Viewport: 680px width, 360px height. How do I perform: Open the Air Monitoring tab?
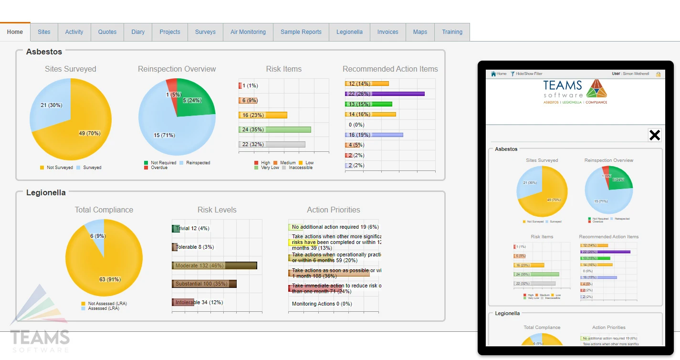[x=248, y=32]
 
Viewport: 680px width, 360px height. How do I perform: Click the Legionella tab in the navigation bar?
[x=349, y=32]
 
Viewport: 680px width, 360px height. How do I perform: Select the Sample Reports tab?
[x=301, y=32]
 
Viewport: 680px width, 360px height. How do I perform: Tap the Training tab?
[x=452, y=32]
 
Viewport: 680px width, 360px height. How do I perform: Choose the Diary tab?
[x=138, y=32]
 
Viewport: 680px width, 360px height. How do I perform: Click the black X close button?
[x=654, y=135]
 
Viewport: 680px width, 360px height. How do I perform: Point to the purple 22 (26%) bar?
[x=385, y=94]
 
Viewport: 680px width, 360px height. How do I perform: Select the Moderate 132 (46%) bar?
[x=214, y=265]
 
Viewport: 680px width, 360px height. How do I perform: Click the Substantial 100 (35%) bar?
[x=204, y=284]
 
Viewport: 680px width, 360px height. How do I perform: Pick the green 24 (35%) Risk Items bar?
[x=275, y=130]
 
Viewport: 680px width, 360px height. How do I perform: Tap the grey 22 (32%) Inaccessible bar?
[x=272, y=145]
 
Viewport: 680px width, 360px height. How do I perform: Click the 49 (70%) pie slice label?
[x=90, y=134]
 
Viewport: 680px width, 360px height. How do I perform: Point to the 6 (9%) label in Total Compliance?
[x=98, y=236]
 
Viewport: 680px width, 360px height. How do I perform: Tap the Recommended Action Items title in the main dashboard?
[x=390, y=69]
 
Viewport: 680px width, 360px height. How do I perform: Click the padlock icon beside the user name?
[x=659, y=74]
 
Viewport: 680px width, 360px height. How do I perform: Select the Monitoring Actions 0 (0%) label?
[x=322, y=304]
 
